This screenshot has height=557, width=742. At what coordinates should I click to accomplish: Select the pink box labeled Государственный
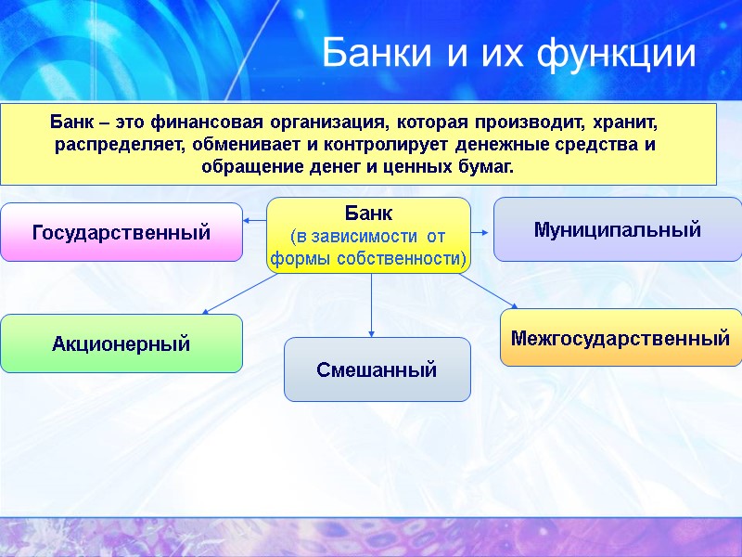122,232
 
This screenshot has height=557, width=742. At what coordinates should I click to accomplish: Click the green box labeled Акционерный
122,343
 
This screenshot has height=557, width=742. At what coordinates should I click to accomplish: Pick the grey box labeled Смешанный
377,369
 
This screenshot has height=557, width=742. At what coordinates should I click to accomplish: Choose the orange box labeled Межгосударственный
620,338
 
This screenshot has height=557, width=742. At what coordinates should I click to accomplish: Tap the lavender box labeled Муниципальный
617,229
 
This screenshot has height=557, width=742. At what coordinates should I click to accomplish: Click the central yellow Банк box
369,235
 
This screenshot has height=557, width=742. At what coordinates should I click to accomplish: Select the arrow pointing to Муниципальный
481,229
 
